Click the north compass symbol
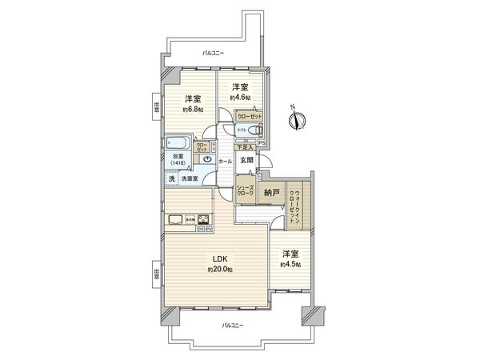(x=297, y=120)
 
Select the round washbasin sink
(x=206, y=160)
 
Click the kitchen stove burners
(x=204, y=221)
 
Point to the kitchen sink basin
(x=175, y=220)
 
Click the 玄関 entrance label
(x=249, y=161)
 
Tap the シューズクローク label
(x=245, y=192)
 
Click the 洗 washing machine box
(x=171, y=179)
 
